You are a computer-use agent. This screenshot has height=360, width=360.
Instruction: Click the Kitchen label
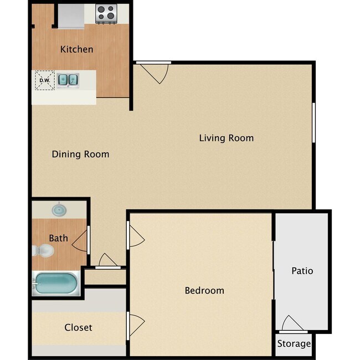76,49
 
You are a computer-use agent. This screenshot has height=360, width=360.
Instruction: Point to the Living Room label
226,138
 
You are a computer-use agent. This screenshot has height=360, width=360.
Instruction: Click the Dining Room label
80,154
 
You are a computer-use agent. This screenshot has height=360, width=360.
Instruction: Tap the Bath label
59,238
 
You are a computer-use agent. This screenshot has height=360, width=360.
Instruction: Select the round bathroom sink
59,210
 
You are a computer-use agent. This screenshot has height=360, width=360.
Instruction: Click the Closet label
78,327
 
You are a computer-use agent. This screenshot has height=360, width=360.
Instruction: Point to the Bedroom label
204,290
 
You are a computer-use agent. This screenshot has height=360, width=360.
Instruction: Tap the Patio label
302,271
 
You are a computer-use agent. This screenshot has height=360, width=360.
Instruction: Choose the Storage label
294,344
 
